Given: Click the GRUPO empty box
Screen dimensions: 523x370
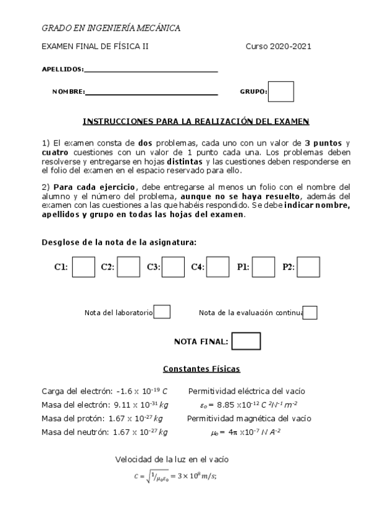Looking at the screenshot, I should [280, 91].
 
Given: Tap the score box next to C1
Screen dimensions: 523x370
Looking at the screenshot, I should [83, 267].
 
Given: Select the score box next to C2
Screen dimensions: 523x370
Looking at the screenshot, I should [128, 267].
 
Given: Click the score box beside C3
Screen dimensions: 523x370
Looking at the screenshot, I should [174, 267].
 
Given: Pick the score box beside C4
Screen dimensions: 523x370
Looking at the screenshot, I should [218, 267].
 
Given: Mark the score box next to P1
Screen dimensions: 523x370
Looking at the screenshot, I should [264, 267].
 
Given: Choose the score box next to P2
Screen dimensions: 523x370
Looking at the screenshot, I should [308, 267].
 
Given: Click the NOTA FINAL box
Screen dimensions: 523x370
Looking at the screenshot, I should [246, 341].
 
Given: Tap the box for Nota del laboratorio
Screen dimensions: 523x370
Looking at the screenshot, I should [162, 312].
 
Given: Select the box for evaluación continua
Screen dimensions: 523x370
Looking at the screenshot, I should [310, 313].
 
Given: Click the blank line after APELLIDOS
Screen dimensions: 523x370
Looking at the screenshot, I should [151, 70].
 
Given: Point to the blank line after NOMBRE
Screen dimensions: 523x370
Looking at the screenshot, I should [152, 93].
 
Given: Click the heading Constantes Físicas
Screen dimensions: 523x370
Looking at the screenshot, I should [201, 369].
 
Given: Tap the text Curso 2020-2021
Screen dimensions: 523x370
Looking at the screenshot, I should [278, 46].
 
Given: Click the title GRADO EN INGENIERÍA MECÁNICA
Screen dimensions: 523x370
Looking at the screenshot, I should [111, 28].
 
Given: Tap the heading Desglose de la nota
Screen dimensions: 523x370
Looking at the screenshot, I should [119, 242].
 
